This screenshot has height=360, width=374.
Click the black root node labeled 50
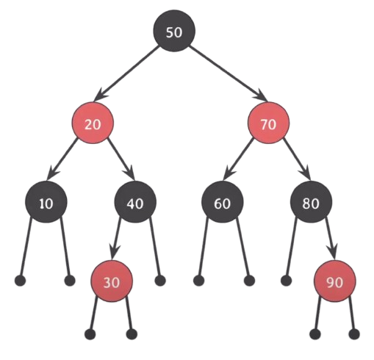[174, 31]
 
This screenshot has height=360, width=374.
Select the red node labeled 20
[93, 123]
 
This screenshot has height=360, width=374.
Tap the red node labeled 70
[268, 123]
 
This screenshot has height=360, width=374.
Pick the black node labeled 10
[46, 202]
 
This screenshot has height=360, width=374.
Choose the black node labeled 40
[135, 202]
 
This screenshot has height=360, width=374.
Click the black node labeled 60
[223, 202]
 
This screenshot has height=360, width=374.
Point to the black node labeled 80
[311, 202]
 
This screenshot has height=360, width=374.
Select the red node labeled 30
[112, 281]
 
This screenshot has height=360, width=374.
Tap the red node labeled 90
[335, 281]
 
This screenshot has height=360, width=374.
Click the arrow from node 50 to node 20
[126, 73]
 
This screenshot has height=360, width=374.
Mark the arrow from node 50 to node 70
[229, 73]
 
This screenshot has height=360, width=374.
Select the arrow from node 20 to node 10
[62, 159]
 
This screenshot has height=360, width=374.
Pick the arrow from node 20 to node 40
[121, 159]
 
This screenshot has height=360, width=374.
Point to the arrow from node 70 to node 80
[297, 159]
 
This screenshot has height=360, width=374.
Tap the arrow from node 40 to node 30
[116, 239]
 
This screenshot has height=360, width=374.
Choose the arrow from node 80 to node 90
[331, 239]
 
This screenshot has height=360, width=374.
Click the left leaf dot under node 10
[21, 281]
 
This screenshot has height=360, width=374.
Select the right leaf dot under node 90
[354, 334]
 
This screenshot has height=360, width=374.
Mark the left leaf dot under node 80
[286, 281]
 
